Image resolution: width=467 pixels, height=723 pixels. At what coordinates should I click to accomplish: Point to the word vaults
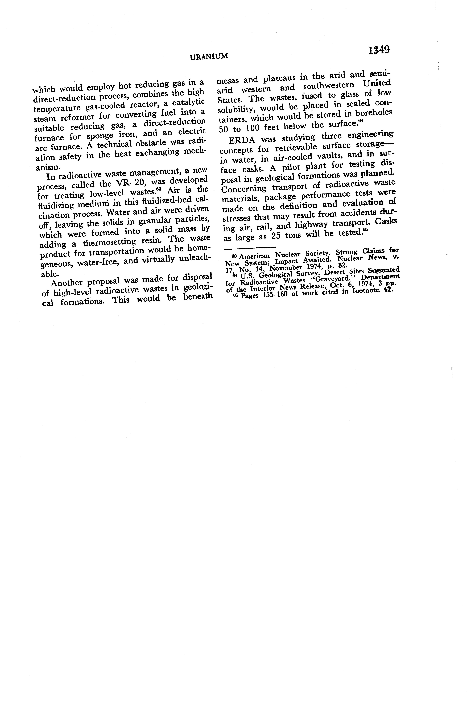pos(328,156)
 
